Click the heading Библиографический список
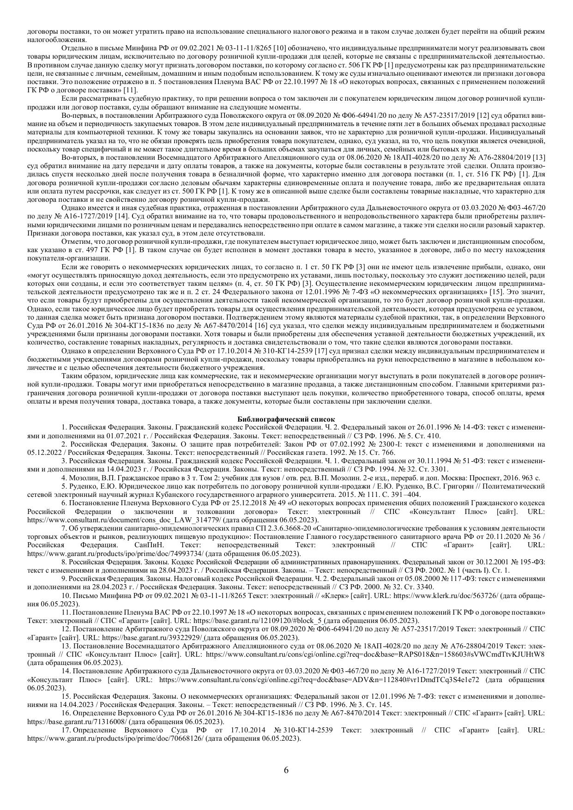pos(286,419)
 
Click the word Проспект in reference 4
pos(465,478)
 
